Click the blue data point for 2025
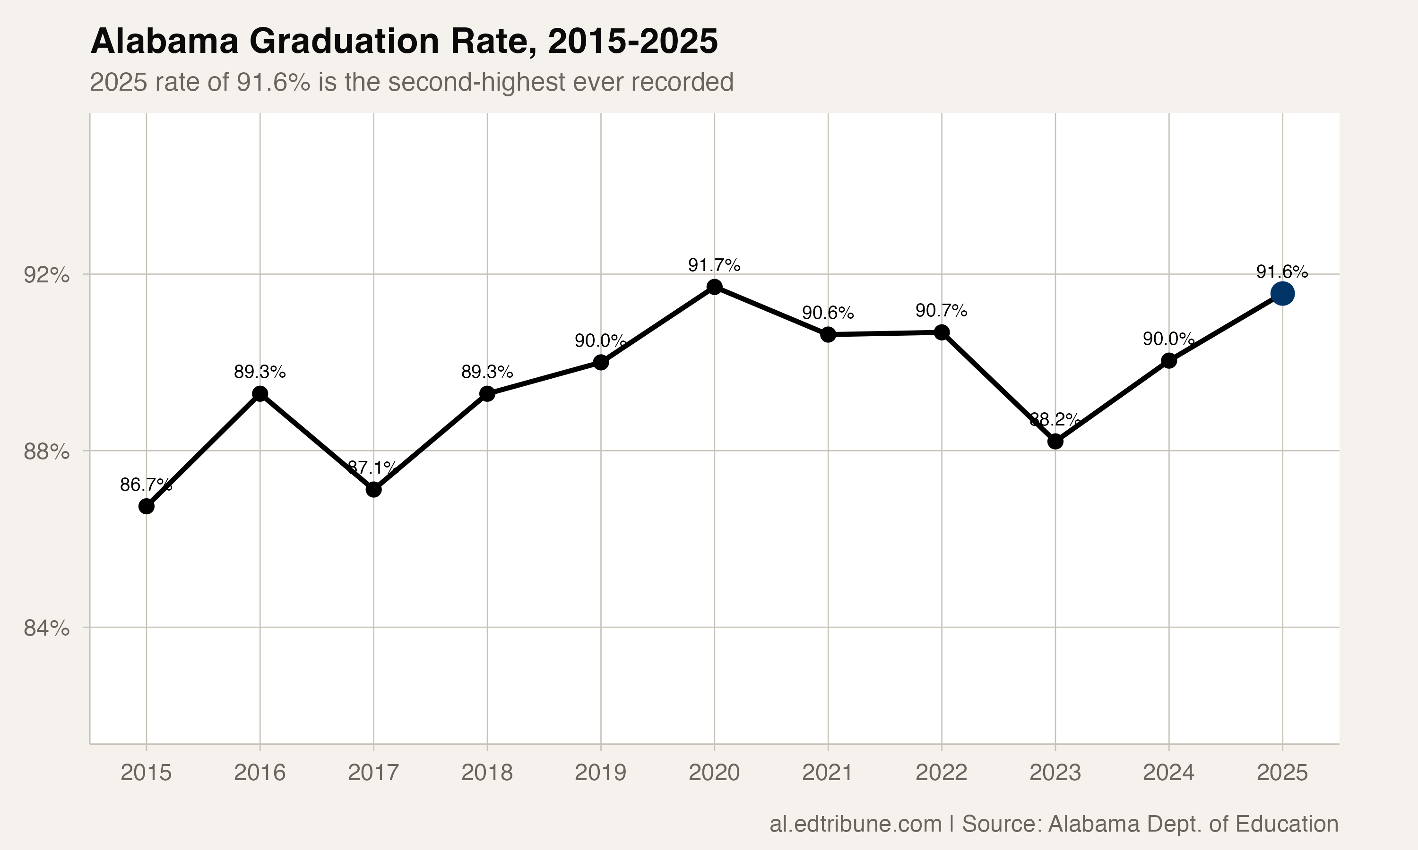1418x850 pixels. pyautogui.click(x=1282, y=294)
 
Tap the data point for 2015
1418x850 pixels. pyautogui.click(x=146, y=507)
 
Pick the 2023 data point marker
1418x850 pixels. pyautogui.click(x=1055, y=442)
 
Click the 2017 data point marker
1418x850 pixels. pyautogui.click(x=374, y=490)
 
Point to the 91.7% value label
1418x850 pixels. pyautogui.click(x=714, y=265)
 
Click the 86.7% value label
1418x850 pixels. pyautogui.click(x=146, y=485)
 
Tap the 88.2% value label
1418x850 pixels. pyautogui.click(x=1055, y=419)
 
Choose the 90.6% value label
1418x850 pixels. pyautogui.click(x=828, y=313)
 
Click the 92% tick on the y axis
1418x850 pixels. pyautogui.click(x=46, y=275)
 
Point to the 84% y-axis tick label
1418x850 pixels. pyautogui.click(x=46, y=629)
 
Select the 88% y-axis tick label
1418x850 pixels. pyautogui.click(x=46, y=452)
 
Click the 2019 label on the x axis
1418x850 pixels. pyautogui.click(x=600, y=773)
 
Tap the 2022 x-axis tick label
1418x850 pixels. pyautogui.click(x=941, y=773)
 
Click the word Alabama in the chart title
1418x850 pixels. pyautogui.click(x=164, y=42)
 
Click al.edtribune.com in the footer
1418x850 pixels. pyautogui.click(x=855, y=824)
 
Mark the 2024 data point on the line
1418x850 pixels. pyautogui.click(x=1169, y=361)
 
